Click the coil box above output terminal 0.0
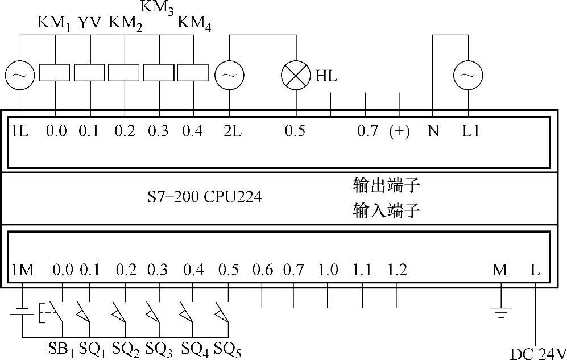pos(55,74)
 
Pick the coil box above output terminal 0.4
pos(193,74)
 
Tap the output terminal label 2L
pos(232,131)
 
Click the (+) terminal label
pos(399,131)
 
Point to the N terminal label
pos(433,131)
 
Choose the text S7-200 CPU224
pos(204,197)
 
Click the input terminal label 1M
pos(22,270)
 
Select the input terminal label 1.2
pos(396,270)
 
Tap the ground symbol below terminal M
pos(500,311)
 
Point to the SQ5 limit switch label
pos(227,349)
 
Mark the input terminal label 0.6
pos(262,270)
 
